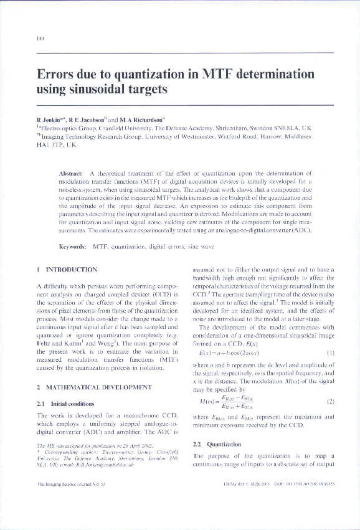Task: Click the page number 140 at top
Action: click(x=40, y=39)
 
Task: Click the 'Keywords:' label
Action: click(x=72, y=247)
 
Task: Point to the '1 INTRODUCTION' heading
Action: click(x=67, y=270)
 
